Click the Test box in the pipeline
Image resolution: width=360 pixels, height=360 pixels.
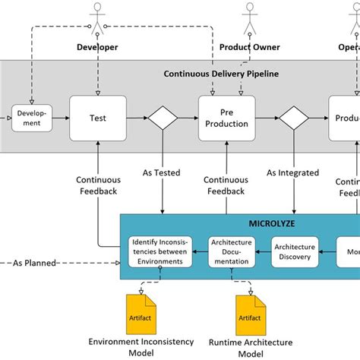pyautogui.click(x=98, y=118)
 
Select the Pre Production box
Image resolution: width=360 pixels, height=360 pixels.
pyautogui.click(x=227, y=118)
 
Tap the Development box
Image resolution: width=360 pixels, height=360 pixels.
pyautogui.click(x=31, y=118)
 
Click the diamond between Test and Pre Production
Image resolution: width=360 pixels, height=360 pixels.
pyautogui.click(x=162, y=118)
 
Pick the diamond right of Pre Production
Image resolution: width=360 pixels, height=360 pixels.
pyautogui.click(x=292, y=118)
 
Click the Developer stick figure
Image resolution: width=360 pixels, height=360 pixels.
pyautogui.click(x=97, y=19)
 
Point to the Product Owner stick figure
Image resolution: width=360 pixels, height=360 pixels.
pyautogui.click(x=249, y=19)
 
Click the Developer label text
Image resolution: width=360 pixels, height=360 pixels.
pyautogui.click(x=97, y=47)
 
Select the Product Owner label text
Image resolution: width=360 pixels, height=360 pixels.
pyautogui.click(x=249, y=47)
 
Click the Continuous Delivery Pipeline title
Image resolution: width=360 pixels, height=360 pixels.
pyautogui.click(x=220, y=74)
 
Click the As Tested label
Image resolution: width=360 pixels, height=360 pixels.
pyautogui.click(x=162, y=172)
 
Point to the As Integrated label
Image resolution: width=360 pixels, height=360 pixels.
pyautogui.click(x=292, y=172)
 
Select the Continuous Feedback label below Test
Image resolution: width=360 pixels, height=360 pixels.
pyautogui.click(x=97, y=185)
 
